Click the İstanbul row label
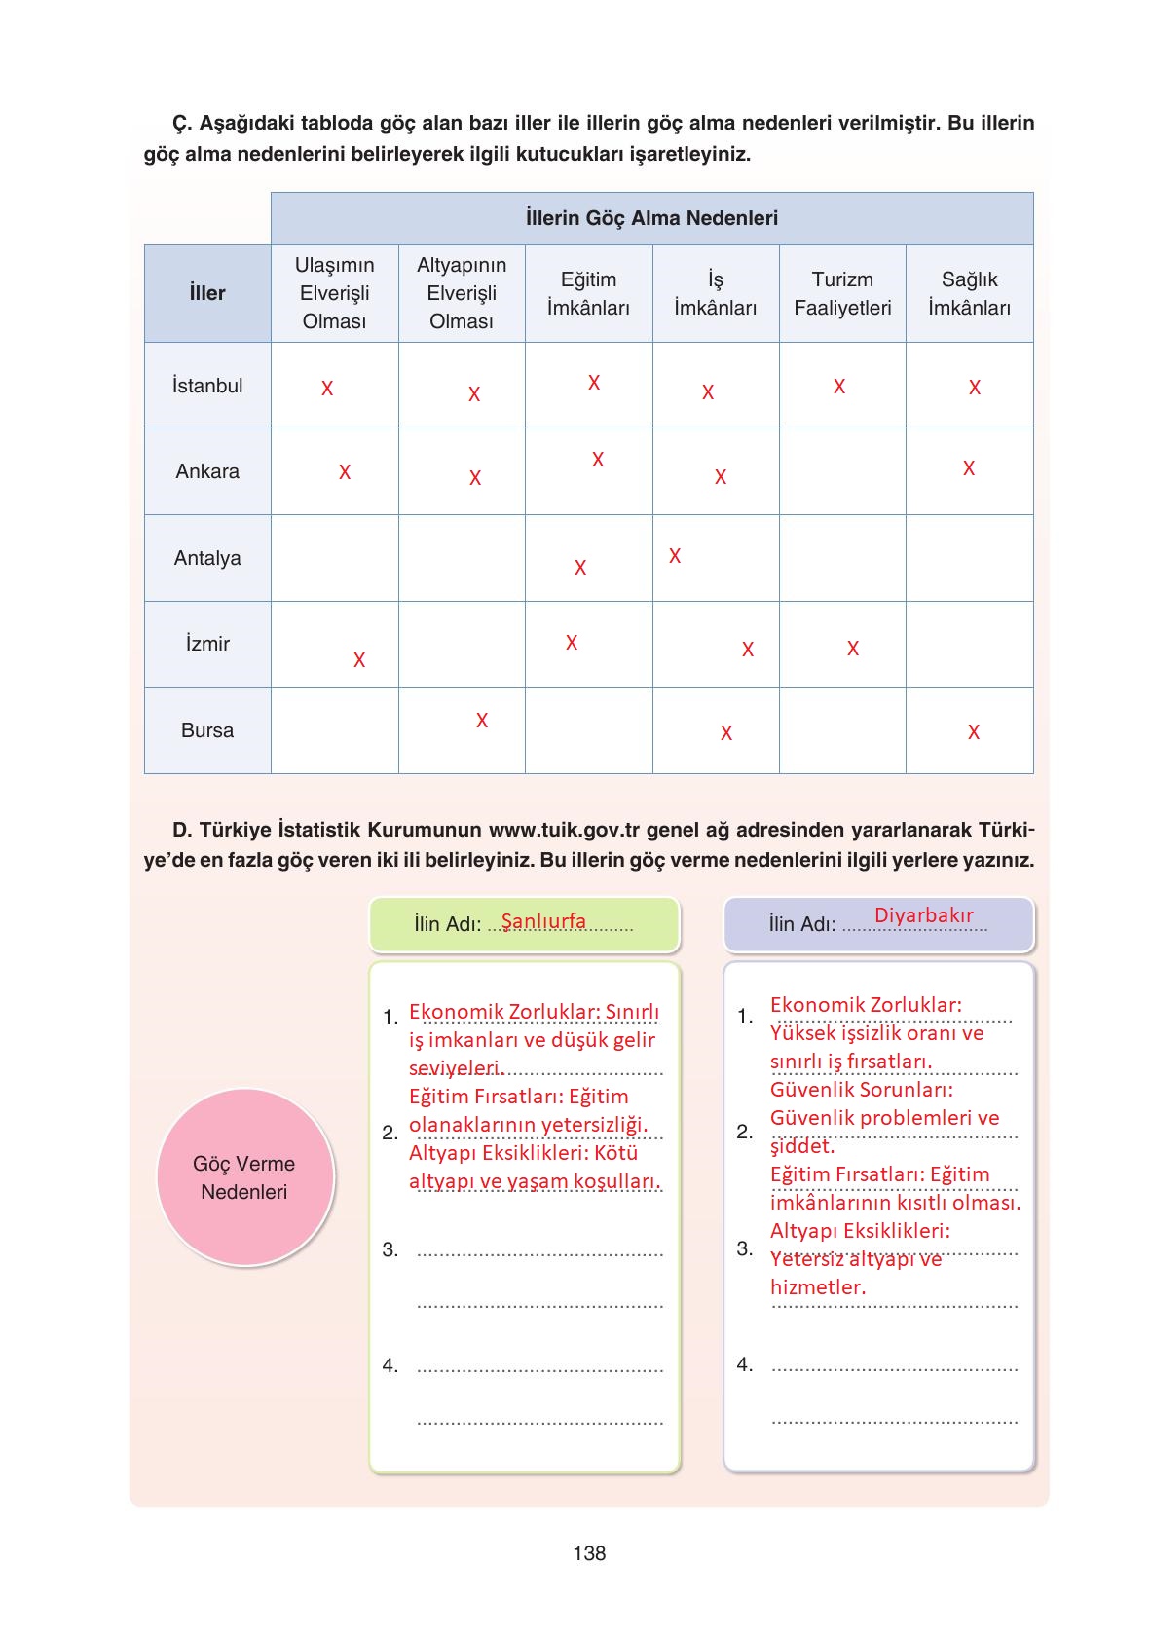point(207,386)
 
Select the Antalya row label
point(207,558)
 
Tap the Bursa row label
point(207,730)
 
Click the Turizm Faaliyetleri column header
point(842,293)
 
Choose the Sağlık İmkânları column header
point(969,293)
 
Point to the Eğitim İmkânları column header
point(588,293)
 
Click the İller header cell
point(207,293)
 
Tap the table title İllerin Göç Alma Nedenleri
point(651,218)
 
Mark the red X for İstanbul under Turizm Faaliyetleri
point(839,387)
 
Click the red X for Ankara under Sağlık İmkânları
point(969,468)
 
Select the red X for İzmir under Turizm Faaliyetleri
point(853,649)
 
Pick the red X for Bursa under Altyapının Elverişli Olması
point(482,721)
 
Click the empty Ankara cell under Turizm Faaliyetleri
point(842,471)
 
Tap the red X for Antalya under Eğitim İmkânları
point(580,568)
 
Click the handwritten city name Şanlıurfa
point(543,921)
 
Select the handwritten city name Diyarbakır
point(923,915)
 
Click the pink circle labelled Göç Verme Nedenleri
point(244,1177)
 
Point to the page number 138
point(589,1553)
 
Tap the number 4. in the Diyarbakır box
point(745,1364)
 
